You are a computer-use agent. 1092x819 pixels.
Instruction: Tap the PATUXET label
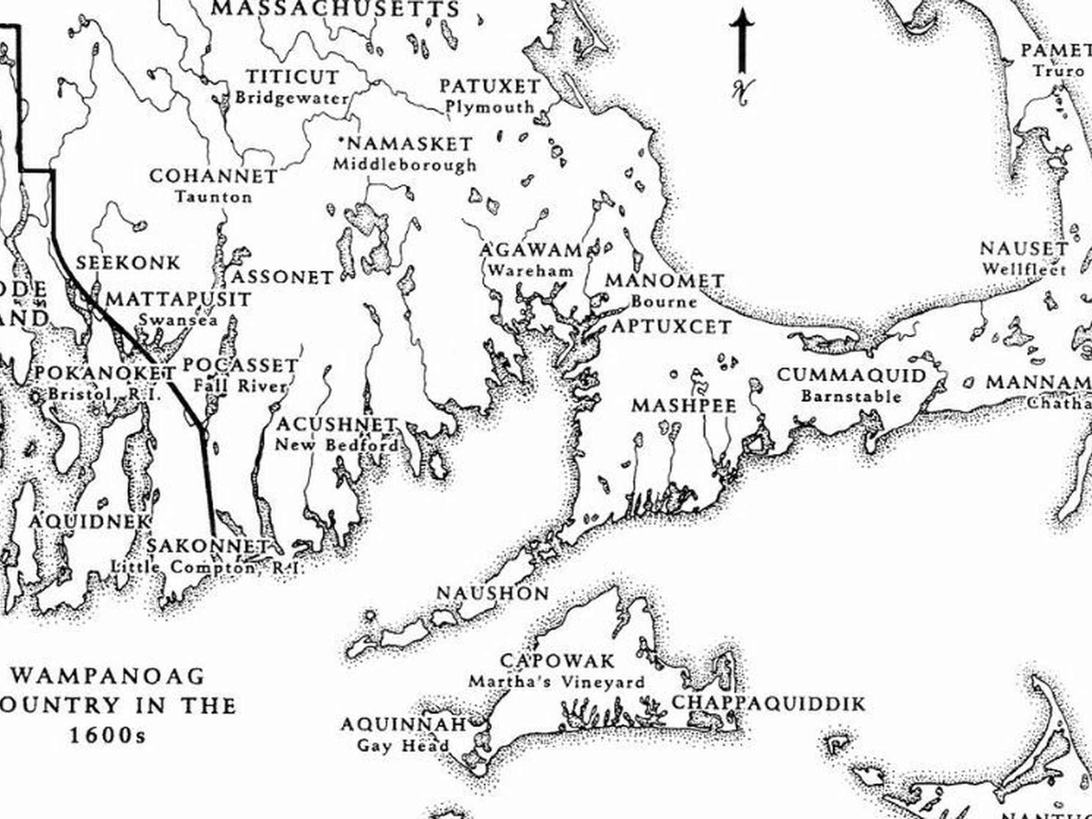[x=490, y=86]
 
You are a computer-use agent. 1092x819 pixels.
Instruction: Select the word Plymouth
[x=490, y=107]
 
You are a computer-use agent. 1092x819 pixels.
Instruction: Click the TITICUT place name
[x=293, y=77]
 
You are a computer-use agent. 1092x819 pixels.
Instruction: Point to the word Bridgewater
[x=292, y=98]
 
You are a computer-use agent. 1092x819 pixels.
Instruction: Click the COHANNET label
[x=213, y=176]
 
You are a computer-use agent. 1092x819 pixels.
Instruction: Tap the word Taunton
[x=214, y=197]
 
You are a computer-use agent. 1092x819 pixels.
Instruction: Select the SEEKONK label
[x=128, y=263]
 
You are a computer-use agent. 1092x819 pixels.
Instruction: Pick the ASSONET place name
[x=282, y=277]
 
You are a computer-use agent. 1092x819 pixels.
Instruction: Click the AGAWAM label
[x=531, y=250]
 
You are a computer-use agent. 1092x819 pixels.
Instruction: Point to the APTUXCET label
[x=671, y=327]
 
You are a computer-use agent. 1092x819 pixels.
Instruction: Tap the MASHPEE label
[x=684, y=406]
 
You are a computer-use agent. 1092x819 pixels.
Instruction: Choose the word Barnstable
[x=851, y=396]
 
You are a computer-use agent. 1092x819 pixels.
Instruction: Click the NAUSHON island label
[x=493, y=593]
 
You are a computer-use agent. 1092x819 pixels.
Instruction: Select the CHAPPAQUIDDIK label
[x=769, y=703]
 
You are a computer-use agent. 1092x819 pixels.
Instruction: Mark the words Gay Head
[x=403, y=746]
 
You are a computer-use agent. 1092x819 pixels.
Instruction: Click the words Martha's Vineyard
[x=556, y=682]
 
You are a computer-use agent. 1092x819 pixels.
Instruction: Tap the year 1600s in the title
[x=108, y=735]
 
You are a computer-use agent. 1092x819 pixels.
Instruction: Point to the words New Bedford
[x=336, y=445]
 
